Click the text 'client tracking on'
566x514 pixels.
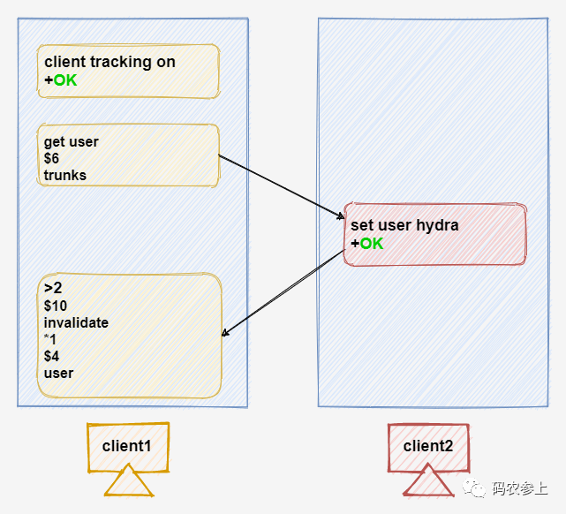(x=109, y=62)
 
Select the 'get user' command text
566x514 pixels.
(x=72, y=141)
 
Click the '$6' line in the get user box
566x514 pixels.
(x=51, y=158)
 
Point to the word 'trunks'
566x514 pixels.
(x=65, y=175)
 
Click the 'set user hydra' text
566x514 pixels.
(x=404, y=225)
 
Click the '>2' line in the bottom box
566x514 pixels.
(x=53, y=289)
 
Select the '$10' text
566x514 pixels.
(x=56, y=306)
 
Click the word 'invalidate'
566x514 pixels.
(x=76, y=323)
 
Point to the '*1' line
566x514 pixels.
(x=50, y=339)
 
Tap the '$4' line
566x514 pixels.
(x=52, y=356)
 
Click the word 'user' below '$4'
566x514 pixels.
(x=58, y=373)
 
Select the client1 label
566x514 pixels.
(x=127, y=446)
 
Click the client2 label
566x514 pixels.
(x=428, y=446)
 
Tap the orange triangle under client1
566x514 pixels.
(x=129, y=484)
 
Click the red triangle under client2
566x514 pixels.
(x=428, y=484)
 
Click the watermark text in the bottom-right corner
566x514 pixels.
(x=518, y=488)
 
